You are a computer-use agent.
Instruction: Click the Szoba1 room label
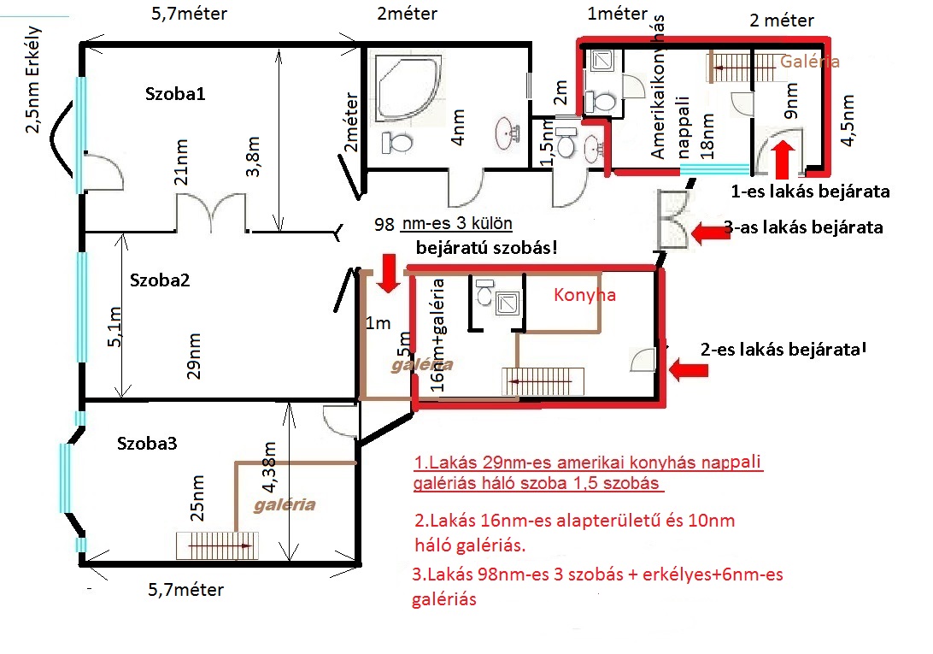click(x=175, y=93)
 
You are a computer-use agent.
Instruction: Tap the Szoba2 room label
click(x=160, y=280)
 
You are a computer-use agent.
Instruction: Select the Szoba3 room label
click(x=147, y=443)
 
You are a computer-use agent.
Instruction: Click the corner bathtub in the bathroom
click(x=408, y=89)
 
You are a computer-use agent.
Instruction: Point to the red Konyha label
click(x=584, y=295)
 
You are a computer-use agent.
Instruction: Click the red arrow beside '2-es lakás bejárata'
click(x=689, y=370)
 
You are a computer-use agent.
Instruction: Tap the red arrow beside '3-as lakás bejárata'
click(x=711, y=233)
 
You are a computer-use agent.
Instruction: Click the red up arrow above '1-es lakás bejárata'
click(x=783, y=159)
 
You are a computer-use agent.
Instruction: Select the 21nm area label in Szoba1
click(x=181, y=162)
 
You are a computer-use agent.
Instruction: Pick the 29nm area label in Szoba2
click(x=193, y=356)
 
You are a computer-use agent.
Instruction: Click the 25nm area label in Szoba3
click(x=197, y=498)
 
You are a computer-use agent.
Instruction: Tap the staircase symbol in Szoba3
click(x=217, y=545)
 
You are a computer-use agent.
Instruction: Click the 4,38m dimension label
click(x=269, y=468)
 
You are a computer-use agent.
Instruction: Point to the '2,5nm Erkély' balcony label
click(x=32, y=80)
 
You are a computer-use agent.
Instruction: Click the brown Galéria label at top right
click(x=809, y=61)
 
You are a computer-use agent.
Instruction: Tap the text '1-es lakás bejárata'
click(x=811, y=191)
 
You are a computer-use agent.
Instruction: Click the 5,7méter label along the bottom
click(x=186, y=590)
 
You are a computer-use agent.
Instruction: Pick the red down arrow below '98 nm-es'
click(x=389, y=274)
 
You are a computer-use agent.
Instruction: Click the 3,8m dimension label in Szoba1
click(x=253, y=156)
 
